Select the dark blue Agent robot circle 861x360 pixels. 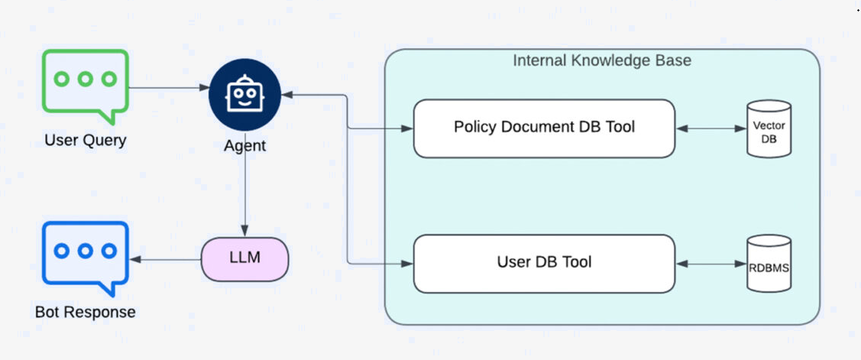(x=245, y=95)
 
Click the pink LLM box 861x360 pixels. (x=245, y=259)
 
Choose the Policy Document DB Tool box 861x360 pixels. (x=544, y=128)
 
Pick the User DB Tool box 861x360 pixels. (x=544, y=263)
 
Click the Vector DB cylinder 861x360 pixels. (x=769, y=128)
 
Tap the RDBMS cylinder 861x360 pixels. (x=769, y=263)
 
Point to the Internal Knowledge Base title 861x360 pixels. (x=602, y=60)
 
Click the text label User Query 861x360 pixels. (x=86, y=140)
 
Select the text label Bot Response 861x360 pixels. (x=86, y=312)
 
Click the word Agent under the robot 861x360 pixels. (x=245, y=146)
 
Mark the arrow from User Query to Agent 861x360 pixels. (x=169, y=87)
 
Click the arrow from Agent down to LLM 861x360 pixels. (x=245, y=184)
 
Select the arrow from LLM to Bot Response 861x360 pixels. (x=165, y=259)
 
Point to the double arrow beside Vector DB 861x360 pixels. (x=711, y=128)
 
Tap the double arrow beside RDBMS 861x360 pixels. (x=711, y=264)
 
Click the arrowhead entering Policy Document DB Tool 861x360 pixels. (x=407, y=128)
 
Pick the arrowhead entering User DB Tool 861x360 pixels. (x=407, y=264)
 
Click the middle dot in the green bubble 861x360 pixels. (x=85, y=79)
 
